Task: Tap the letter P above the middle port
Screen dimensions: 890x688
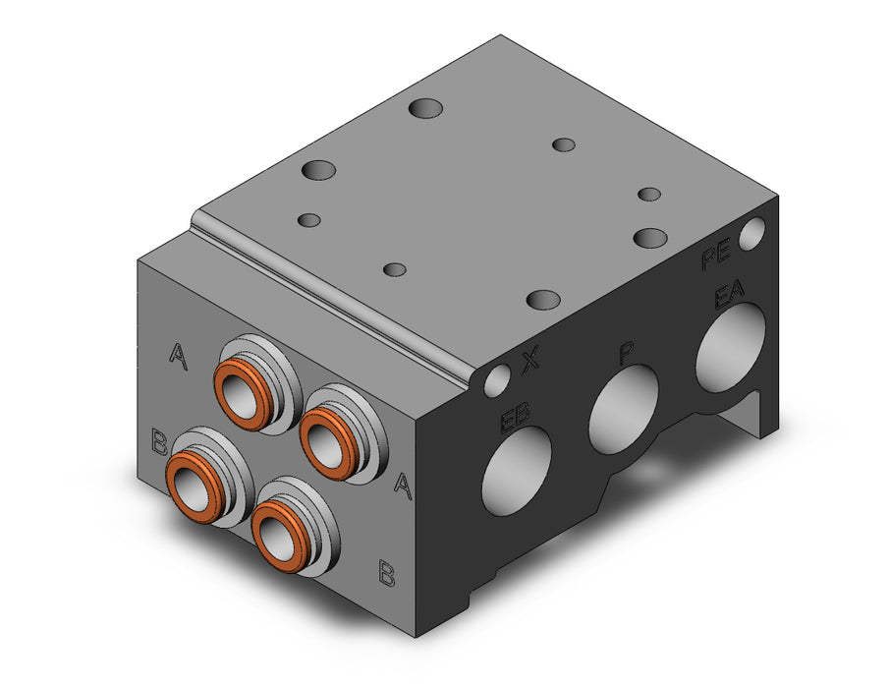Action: (x=627, y=353)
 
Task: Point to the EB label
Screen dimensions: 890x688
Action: (x=514, y=418)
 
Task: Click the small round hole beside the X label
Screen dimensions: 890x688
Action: (x=497, y=380)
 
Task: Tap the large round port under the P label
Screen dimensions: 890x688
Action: (x=623, y=409)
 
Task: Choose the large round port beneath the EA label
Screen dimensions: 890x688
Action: (x=731, y=347)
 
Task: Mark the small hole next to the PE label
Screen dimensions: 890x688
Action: (x=752, y=234)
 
